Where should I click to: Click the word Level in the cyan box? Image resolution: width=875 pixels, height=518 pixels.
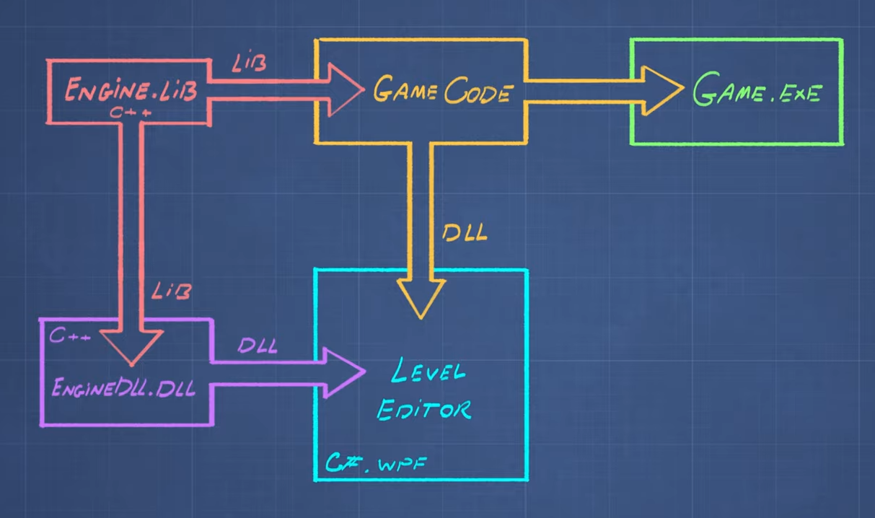coord(428,374)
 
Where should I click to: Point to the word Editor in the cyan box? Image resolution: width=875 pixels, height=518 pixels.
coord(424,409)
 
